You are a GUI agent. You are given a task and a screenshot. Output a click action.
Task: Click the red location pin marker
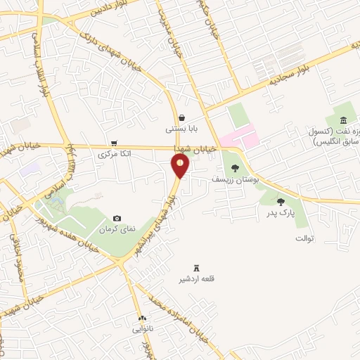tap(181, 166)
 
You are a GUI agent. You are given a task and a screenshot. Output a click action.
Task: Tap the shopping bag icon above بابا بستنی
tap(182, 117)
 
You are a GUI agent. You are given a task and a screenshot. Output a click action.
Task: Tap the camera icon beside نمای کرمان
tap(117, 219)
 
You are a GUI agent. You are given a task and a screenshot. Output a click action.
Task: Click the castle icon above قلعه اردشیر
tap(197, 267)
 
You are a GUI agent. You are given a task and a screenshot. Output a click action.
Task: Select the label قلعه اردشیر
tap(197, 279)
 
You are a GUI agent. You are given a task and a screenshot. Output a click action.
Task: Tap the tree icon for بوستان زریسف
tap(235, 167)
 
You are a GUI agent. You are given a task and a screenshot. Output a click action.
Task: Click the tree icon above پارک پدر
tap(281, 202)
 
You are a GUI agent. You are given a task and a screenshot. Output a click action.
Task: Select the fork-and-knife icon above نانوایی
tap(143, 318)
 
